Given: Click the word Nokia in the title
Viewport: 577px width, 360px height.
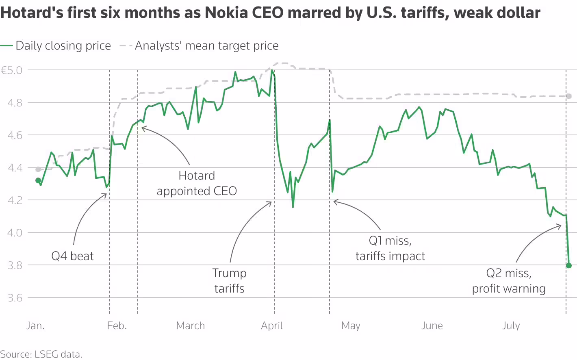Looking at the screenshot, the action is [x=226, y=12].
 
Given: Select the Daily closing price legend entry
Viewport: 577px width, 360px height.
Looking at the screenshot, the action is [x=55, y=46].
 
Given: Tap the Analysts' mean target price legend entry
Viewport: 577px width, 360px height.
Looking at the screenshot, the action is [x=199, y=46].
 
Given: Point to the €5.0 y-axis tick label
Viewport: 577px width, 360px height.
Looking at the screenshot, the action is [x=12, y=70].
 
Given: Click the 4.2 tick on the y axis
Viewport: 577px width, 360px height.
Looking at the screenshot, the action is [x=15, y=200].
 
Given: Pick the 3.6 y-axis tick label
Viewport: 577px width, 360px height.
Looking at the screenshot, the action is [x=15, y=298].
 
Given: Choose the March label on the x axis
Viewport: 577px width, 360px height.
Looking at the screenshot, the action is [x=190, y=326].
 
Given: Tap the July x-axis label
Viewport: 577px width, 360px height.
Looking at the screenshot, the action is [x=511, y=326].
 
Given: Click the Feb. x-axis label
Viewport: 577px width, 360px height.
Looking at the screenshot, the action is [x=117, y=326].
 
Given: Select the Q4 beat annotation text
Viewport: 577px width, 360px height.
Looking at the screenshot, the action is [x=72, y=256].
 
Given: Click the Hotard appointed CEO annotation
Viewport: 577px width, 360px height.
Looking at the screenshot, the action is [x=197, y=183].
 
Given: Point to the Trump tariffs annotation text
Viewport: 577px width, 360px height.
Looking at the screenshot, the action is [x=229, y=281].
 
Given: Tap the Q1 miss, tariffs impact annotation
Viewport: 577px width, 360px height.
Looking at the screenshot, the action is [x=390, y=249].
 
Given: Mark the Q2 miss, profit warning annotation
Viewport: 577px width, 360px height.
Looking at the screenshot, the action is [x=509, y=281].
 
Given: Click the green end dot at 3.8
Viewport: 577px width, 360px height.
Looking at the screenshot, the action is [x=569, y=265].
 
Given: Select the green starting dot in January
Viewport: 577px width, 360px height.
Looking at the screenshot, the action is [x=38, y=180].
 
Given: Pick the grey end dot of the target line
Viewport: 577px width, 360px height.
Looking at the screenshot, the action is [x=569, y=96].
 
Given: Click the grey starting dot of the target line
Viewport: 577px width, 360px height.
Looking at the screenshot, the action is [x=38, y=169].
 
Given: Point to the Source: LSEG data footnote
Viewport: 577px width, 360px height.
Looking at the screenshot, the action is [x=41, y=354].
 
